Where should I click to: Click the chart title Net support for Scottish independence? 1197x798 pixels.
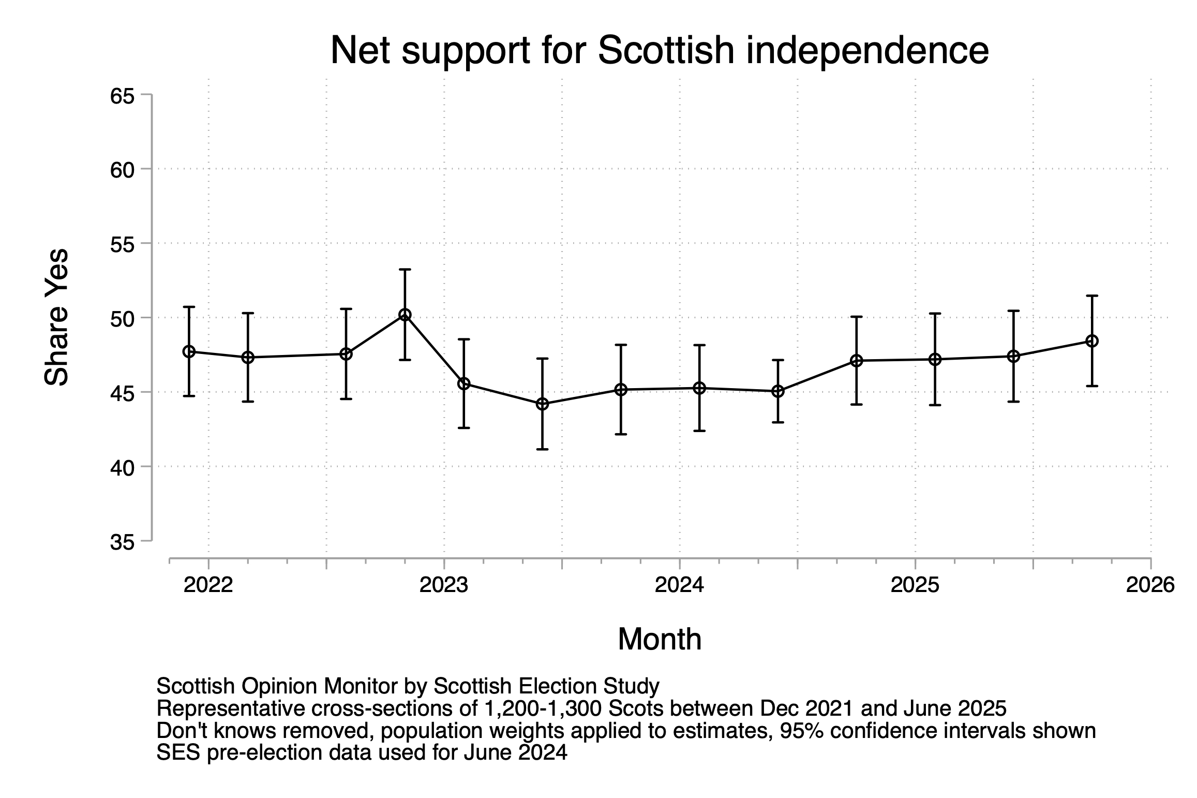tap(659, 50)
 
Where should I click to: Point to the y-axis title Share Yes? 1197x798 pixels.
tap(56, 317)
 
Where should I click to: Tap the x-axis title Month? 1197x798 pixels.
tap(660, 639)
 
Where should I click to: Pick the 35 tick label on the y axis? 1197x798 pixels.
tap(123, 542)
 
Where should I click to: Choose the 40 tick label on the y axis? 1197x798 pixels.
tap(123, 467)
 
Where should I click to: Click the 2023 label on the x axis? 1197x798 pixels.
tap(444, 585)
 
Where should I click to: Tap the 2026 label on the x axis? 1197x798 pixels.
tap(1150, 585)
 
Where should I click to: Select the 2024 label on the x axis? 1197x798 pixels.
tap(679, 585)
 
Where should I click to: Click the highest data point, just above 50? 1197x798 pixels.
tap(405, 315)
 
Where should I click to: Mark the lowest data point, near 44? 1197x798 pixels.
tap(542, 404)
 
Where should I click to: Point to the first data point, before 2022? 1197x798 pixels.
tap(189, 351)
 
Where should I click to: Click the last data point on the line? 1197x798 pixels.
tap(1092, 341)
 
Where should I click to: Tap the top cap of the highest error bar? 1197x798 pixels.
tap(405, 270)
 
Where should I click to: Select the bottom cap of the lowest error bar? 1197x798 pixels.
tap(542, 449)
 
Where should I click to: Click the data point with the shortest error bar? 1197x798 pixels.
tap(778, 391)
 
